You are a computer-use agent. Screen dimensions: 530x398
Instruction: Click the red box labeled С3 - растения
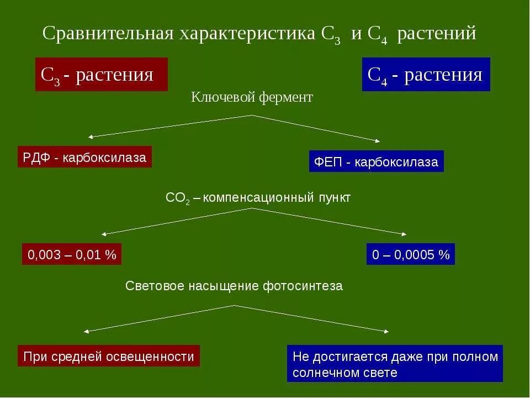(101, 74)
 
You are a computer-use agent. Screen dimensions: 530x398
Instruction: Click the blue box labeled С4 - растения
(426, 74)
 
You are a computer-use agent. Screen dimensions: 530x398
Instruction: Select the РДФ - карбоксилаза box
(84, 158)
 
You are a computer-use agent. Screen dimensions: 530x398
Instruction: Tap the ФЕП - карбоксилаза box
(376, 161)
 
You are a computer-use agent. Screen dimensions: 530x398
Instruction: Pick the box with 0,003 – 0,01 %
(72, 255)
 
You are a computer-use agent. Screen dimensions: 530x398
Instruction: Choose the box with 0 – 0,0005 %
(411, 255)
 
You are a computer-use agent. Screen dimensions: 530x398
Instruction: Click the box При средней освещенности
(108, 356)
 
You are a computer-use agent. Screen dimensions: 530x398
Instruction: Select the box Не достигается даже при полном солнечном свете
(395, 364)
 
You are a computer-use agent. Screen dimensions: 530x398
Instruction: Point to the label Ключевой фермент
(252, 98)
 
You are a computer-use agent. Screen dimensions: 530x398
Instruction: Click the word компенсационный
(259, 197)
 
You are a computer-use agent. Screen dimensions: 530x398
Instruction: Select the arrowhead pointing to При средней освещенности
(86, 331)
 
